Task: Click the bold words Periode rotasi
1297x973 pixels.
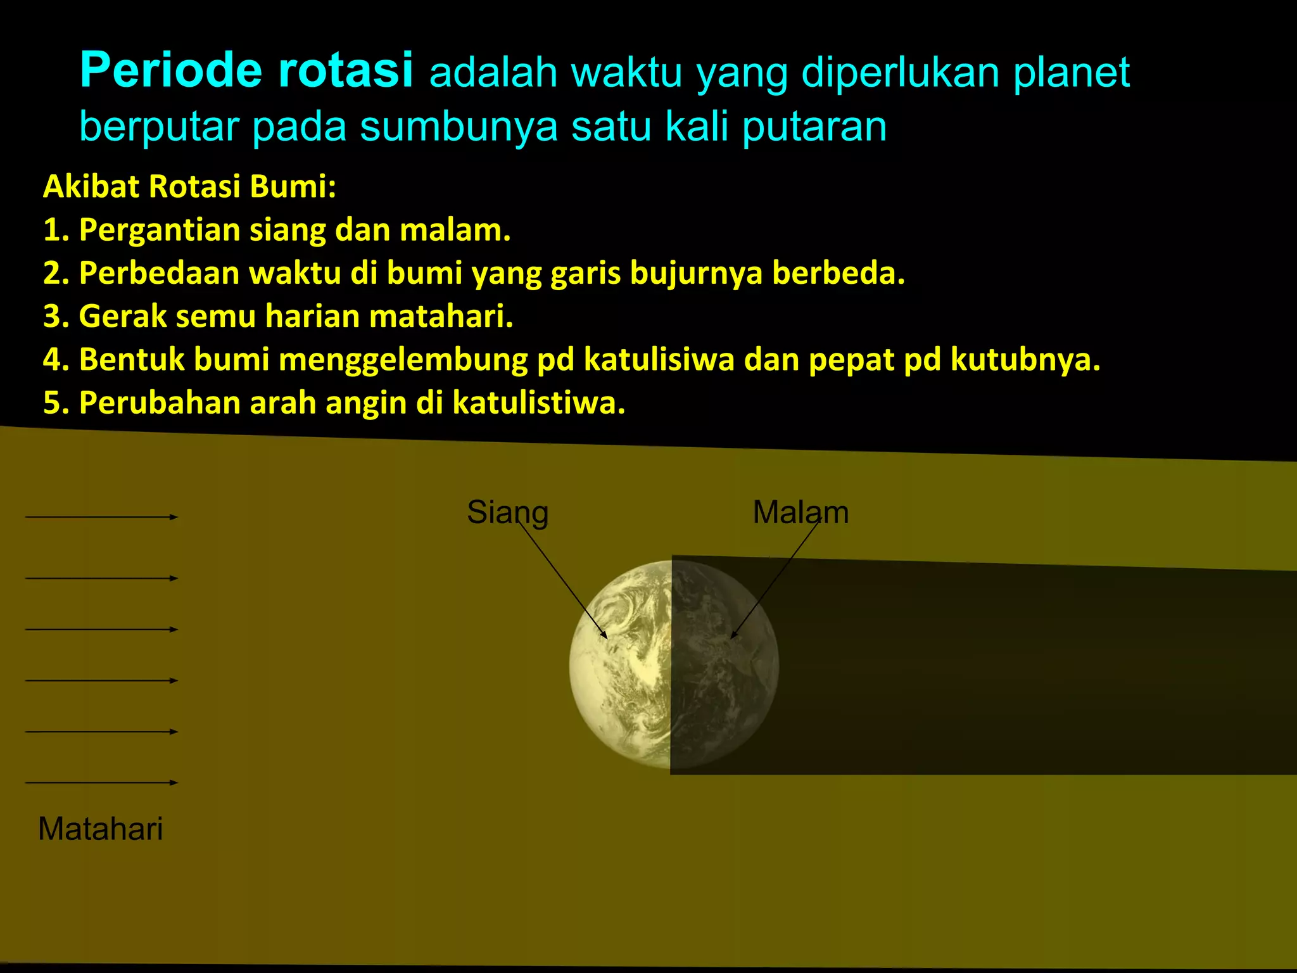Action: pyautogui.click(x=246, y=70)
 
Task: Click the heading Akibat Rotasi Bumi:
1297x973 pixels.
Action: pyautogui.click(x=189, y=187)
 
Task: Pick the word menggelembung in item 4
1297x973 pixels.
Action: pyautogui.click(x=403, y=360)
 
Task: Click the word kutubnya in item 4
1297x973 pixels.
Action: pyautogui.click(x=1025, y=360)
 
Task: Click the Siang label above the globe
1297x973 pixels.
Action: pyautogui.click(x=507, y=512)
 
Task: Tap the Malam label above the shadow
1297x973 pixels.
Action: pyautogui.click(x=800, y=512)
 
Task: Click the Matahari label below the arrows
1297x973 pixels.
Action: pyautogui.click(x=101, y=829)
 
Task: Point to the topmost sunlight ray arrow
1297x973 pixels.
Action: pyautogui.click(x=101, y=517)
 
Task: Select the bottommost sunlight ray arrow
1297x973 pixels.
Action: pyautogui.click(x=101, y=782)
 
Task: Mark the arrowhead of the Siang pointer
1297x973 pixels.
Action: pyautogui.click(x=605, y=635)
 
